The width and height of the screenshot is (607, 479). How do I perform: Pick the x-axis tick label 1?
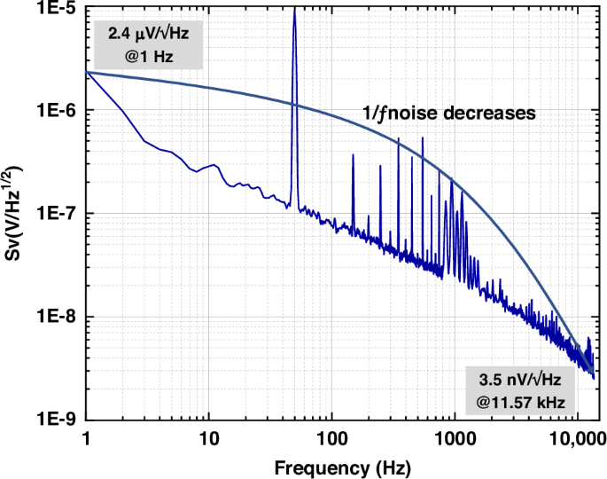[x=86, y=438]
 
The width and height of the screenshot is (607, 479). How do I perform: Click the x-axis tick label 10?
[x=208, y=438]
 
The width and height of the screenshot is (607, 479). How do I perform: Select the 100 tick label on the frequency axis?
[x=331, y=438]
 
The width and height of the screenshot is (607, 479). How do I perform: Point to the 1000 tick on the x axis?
[x=454, y=438]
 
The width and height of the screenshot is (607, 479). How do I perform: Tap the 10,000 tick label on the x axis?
[x=576, y=438]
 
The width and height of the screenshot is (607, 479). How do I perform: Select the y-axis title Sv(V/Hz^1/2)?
[x=15, y=214]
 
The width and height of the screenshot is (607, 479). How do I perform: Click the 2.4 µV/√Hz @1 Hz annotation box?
[x=148, y=44]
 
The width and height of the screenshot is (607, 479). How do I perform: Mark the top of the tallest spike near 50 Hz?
[x=294, y=9]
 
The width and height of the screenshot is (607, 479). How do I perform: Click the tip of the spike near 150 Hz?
[x=353, y=155]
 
